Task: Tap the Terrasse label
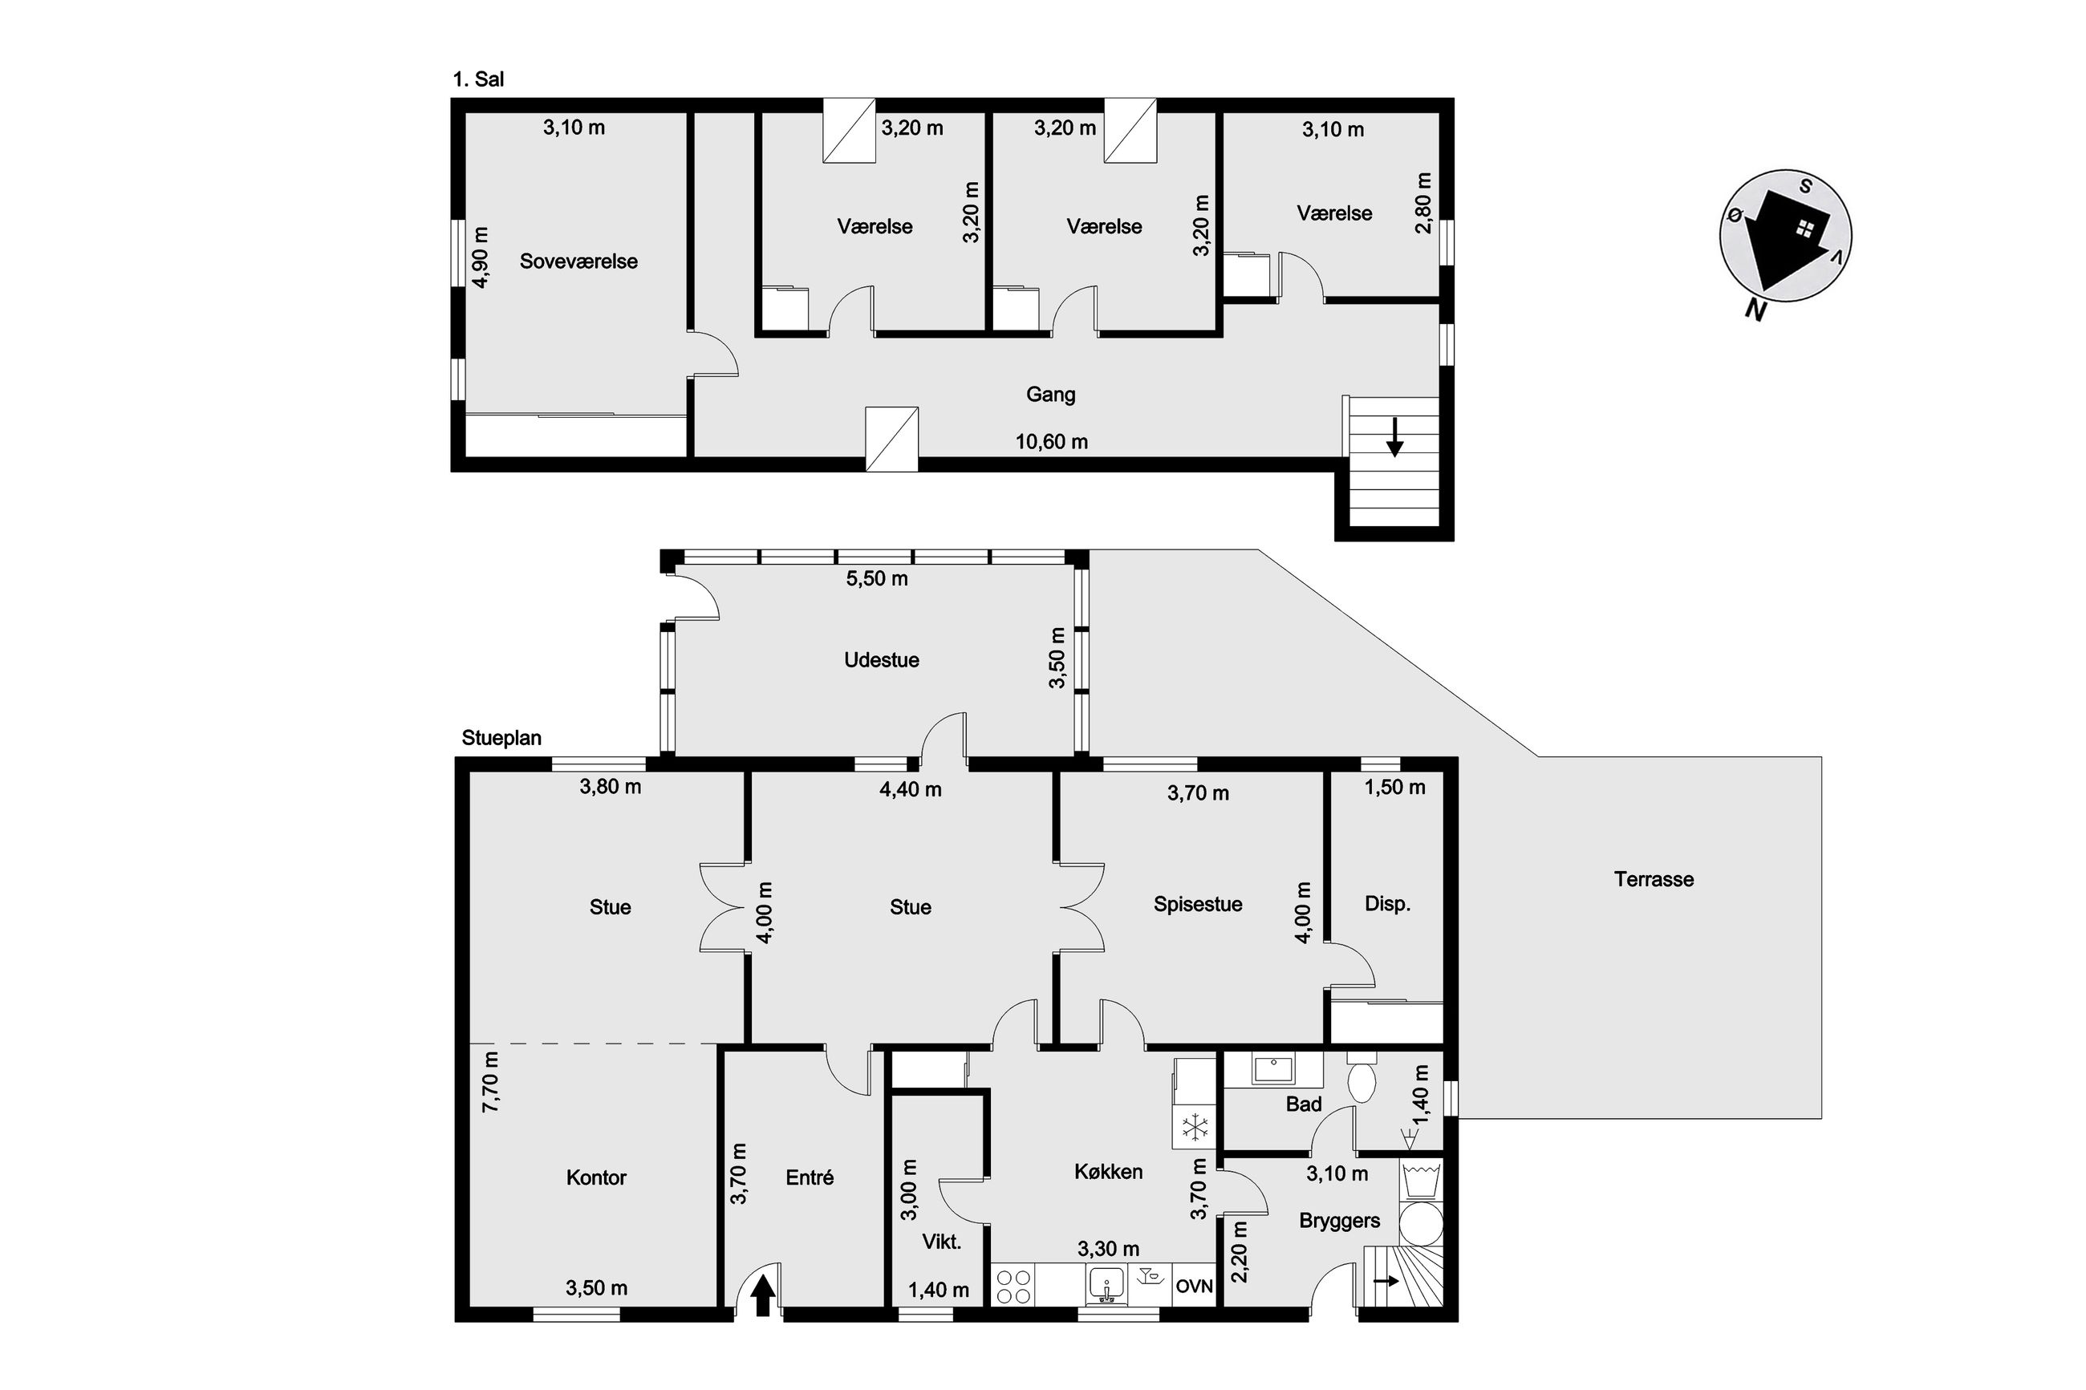[x=1654, y=879]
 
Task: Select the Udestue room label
[x=881, y=659]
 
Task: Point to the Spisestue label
[x=1198, y=904]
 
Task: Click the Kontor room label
[x=596, y=1177]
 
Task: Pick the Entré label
[x=810, y=1177]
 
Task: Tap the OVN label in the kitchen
[x=1193, y=1287]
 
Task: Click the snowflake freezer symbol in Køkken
[x=1196, y=1129]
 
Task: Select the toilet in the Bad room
[x=1361, y=1077]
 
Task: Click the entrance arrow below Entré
[x=763, y=1295]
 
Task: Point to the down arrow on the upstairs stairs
[x=1394, y=437]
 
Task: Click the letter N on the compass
[x=1753, y=310]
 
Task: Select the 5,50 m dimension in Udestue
[x=877, y=579]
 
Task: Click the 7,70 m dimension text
[x=490, y=1081]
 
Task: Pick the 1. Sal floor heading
[x=478, y=79]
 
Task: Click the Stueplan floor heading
[x=501, y=739]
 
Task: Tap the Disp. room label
[x=1387, y=904]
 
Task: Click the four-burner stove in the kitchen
[x=1013, y=1287]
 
